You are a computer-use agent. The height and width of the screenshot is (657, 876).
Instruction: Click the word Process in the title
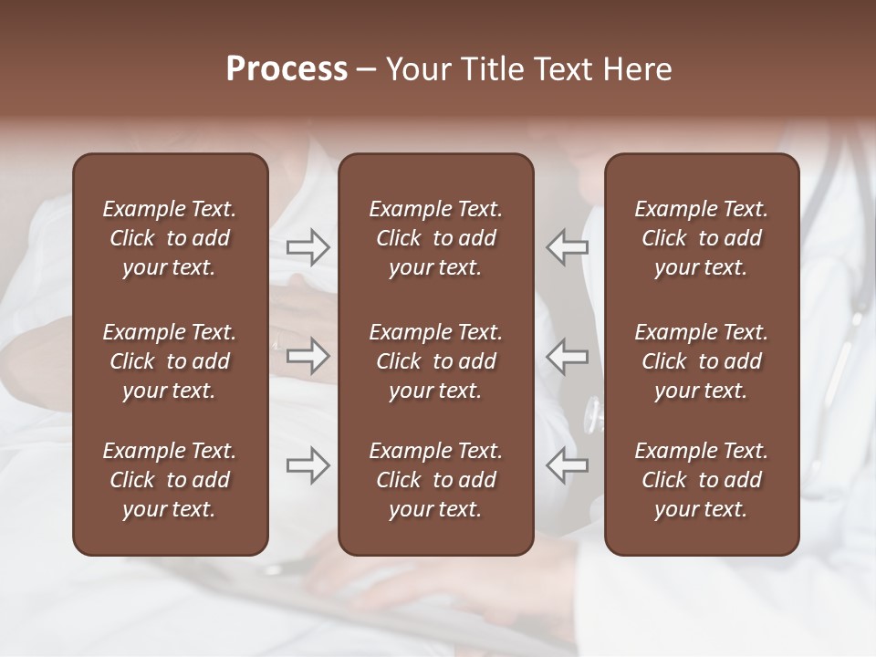[x=287, y=68]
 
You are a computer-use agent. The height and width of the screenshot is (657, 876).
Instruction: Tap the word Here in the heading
[x=639, y=68]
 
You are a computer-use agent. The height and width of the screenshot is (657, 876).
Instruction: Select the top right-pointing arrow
[x=308, y=246]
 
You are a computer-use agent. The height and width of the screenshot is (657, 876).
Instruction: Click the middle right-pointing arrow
[x=308, y=356]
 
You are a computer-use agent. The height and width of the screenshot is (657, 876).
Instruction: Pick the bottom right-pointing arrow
[x=308, y=464]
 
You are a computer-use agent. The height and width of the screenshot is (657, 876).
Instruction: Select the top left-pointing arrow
[x=568, y=246]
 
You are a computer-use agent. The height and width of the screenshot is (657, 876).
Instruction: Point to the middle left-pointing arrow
[x=568, y=356]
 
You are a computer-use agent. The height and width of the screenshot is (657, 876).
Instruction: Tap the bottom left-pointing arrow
[x=568, y=464]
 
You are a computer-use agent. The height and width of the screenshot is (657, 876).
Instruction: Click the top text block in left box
[x=170, y=238]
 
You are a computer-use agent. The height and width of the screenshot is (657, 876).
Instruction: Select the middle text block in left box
[x=170, y=361]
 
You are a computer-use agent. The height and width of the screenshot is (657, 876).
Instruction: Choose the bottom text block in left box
[x=170, y=480]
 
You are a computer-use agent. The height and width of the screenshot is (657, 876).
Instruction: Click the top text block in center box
[x=436, y=238]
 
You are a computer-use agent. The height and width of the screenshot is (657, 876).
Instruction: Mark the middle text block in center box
[x=436, y=361]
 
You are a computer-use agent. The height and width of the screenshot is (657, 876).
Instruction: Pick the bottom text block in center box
[x=436, y=480]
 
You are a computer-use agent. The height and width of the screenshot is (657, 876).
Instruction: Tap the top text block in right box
[x=702, y=238]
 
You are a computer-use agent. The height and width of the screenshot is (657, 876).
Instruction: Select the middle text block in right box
[x=702, y=361]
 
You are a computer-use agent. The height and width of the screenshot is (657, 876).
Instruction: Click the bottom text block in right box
[x=702, y=480]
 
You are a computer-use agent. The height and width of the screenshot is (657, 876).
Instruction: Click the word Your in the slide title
[x=417, y=68]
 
